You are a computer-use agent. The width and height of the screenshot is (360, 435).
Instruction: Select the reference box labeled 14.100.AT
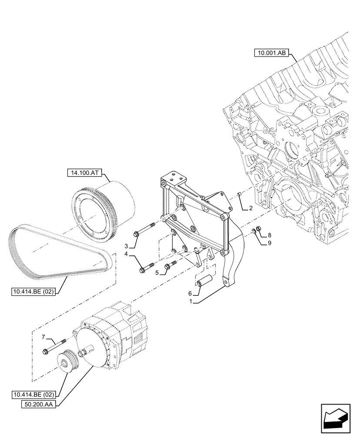point(84,173)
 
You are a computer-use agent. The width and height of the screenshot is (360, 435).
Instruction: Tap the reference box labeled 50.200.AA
point(39,404)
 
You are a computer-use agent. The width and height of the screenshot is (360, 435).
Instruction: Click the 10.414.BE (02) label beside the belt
point(33,292)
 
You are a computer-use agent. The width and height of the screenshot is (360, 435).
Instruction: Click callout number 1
point(190,301)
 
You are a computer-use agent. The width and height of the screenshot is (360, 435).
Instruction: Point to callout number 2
point(250,208)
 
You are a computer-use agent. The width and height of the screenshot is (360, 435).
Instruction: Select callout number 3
point(127,246)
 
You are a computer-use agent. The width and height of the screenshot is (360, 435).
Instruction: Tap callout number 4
point(127,254)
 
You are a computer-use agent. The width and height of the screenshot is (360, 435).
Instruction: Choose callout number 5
point(158,273)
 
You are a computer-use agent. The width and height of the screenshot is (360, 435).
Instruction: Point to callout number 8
point(270,235)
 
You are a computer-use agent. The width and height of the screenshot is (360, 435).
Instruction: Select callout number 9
point(270,243)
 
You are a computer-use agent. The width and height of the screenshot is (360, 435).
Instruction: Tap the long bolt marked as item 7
point(55,347)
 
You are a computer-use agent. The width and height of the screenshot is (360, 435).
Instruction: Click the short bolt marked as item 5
point(170,266)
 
